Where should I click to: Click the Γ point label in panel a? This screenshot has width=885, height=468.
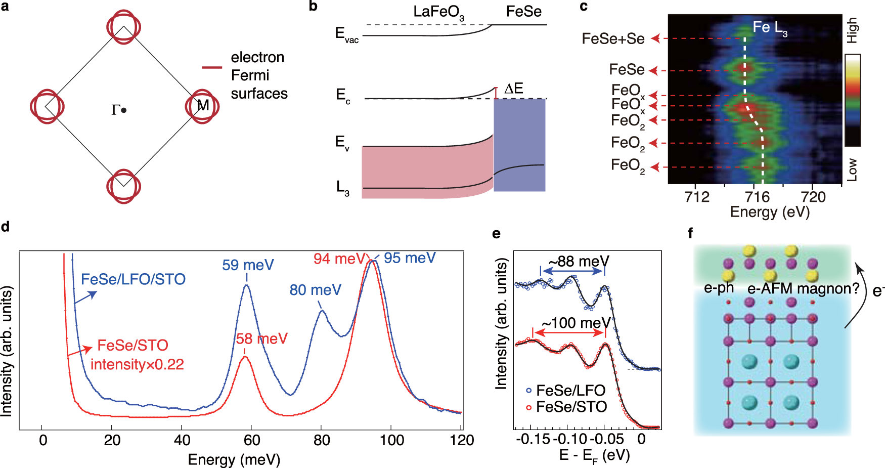point(116,110)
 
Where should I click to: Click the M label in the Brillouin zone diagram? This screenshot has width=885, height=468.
point(203,105)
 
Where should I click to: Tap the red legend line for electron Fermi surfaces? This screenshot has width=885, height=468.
point(212,67)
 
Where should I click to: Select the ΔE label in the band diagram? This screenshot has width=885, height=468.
point(514,89)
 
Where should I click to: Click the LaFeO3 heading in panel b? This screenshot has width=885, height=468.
point(438,12)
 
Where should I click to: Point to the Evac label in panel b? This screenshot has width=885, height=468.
point(346,34)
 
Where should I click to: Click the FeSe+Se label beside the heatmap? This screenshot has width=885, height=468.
point(613,39)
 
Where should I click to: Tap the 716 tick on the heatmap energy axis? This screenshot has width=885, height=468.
point(754,197)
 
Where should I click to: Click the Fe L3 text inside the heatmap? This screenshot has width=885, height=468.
point(769,27)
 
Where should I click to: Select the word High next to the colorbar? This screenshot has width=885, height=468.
point(853,30)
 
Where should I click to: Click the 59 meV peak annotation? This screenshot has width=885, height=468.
point(248,265)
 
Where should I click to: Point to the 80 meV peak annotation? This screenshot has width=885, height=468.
point(315,290)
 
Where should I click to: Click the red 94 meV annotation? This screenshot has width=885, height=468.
point(338,259)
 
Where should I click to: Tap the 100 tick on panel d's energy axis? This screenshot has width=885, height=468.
point(391,440)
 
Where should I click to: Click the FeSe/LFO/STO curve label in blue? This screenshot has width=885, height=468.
point(133,279)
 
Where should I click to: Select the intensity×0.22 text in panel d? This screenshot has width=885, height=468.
point(137,364)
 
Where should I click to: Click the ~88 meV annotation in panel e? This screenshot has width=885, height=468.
point(579,261)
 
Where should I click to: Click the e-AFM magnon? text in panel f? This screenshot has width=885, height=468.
point(803,289)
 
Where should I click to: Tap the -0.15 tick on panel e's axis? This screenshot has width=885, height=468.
point(533,439)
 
